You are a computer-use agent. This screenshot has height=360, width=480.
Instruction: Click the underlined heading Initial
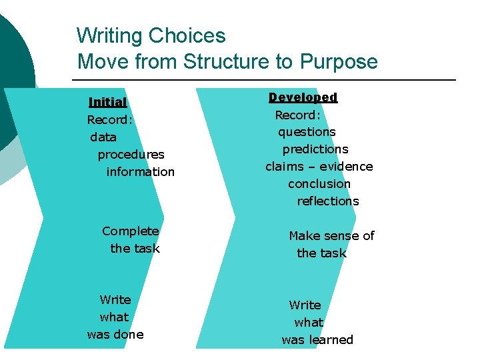coord(107,103)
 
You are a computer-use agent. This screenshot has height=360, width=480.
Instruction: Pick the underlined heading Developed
coord(303,97)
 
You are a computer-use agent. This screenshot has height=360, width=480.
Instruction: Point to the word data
coord(103,137)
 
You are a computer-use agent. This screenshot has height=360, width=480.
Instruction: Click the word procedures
coord(131,155)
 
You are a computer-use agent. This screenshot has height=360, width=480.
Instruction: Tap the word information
coord(140,172)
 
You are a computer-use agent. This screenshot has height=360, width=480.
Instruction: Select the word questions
coord(307,132)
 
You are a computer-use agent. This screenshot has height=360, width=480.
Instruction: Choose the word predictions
coord(315,149)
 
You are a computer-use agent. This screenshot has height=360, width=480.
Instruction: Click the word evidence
coord(346,167)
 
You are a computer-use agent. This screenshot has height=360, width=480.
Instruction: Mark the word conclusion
coord(319,184)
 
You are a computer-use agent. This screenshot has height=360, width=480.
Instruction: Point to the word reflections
coord(327,201)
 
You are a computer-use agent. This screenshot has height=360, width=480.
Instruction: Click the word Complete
coord(131,231)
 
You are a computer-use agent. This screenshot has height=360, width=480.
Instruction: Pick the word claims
coord(285,167)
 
